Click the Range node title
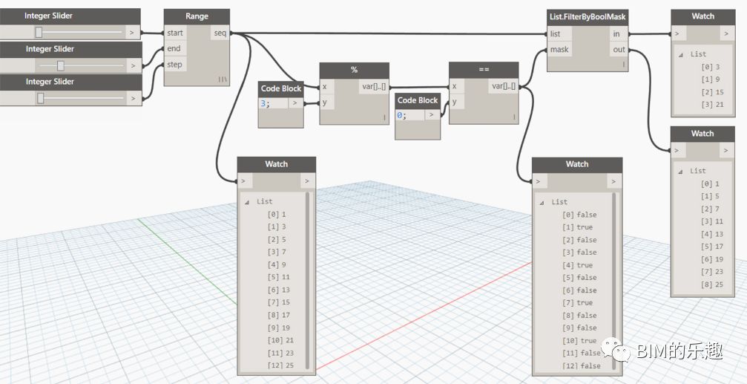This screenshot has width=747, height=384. [197, 16]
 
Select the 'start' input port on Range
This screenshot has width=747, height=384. [175, 33]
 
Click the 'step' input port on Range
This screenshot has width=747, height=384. [174, 65]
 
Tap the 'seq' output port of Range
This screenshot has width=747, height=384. [220, 33]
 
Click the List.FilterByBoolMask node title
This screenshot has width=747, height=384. [588, 16]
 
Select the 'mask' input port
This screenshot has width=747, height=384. [559, 49]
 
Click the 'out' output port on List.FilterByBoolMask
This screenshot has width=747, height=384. [619, 49]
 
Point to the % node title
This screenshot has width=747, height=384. [354, 70]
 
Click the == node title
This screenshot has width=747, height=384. [484, 69]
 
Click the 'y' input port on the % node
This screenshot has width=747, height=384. [326, 102]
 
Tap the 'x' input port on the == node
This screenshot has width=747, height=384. [455, 86]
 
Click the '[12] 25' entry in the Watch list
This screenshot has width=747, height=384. [280, 365]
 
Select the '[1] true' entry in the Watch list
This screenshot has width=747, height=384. [577, 227]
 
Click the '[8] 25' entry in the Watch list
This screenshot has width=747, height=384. [711, 284]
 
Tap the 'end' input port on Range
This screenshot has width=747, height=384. [174, 49]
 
